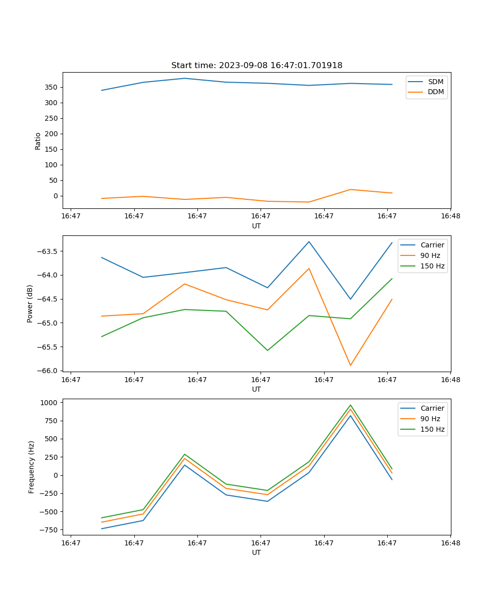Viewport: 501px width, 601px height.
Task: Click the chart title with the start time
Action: (x=257, y=66)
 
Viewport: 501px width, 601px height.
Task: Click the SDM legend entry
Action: (x=435, y=82)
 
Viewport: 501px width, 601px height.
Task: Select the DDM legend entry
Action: (x=435, y=92)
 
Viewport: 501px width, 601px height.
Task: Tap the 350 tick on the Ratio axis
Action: (x=52, y=87)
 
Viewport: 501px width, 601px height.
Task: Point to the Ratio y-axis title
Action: (x=38, y=141)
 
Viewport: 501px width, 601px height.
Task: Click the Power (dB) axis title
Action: (x=30, y=304)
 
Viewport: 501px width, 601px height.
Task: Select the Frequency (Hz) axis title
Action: (x=31, y=467)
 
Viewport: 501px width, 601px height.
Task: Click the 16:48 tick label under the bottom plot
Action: (x=450, y=543)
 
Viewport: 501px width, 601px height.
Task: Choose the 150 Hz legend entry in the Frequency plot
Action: (x=432, y=429)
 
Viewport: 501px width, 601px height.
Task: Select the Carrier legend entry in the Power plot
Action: (x=432, y=245)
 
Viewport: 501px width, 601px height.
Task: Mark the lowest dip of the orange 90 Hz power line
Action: (x=350, y=365)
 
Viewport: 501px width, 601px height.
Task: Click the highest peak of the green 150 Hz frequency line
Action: (x=350, y=405)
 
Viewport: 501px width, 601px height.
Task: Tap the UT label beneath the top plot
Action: (x=257, y=226)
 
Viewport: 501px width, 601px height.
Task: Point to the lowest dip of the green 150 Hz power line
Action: (x=268, y=350)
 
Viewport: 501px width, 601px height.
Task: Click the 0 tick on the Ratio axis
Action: (x=56, y=196)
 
